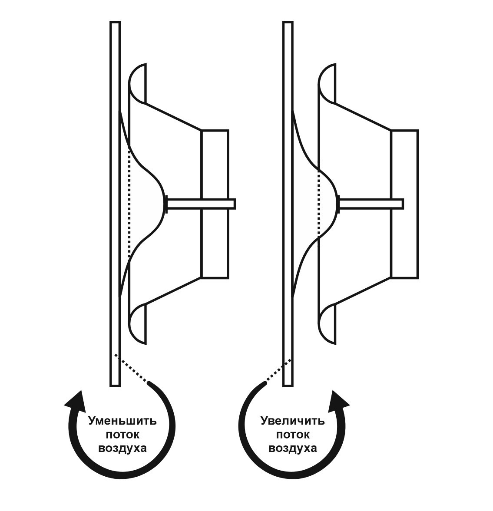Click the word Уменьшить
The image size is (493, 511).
[122, 421]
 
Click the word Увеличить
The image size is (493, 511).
[293, 421]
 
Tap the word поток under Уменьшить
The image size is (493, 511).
[122, 435]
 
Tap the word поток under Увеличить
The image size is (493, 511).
[293, 435]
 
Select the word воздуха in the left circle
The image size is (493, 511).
[122, 448]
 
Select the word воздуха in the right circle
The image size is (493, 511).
[293, 448]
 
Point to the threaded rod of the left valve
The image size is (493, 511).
[201, 204]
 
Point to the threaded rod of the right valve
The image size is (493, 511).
[372, 204]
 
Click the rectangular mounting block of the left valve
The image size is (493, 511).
[215, 204]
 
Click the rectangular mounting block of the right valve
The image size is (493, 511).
[404, 204]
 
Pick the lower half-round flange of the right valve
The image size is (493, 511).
[326, 324]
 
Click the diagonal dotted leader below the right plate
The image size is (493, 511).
[278, 370]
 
